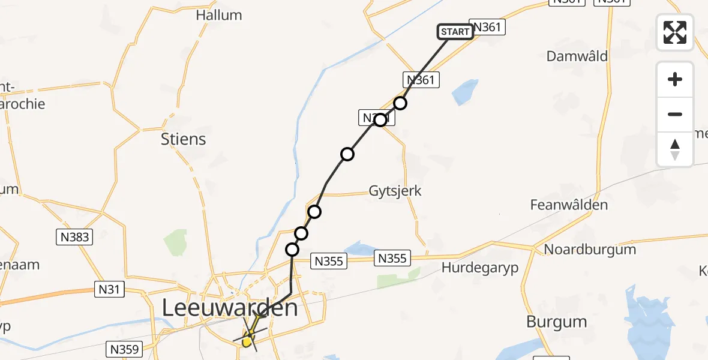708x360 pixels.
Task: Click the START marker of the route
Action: pos(455,32)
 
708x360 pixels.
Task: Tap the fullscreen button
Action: pos(675,32)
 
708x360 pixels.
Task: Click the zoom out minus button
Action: pos(675,114)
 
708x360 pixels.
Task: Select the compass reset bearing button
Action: pos(675,149)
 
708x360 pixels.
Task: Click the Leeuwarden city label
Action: pos(230,309)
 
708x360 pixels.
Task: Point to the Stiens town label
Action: pos(184,139)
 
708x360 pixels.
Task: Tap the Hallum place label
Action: pos(219,15)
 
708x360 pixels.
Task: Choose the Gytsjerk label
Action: pos(395,191)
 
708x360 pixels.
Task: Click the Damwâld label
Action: pos(577,56)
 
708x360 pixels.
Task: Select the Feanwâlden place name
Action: pos(569,205)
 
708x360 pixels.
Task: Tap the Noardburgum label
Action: pos(590,249)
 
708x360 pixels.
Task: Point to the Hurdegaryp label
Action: pos(480,267)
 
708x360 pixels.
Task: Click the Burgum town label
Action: pos(556,322)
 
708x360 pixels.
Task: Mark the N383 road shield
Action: pos(75,238)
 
